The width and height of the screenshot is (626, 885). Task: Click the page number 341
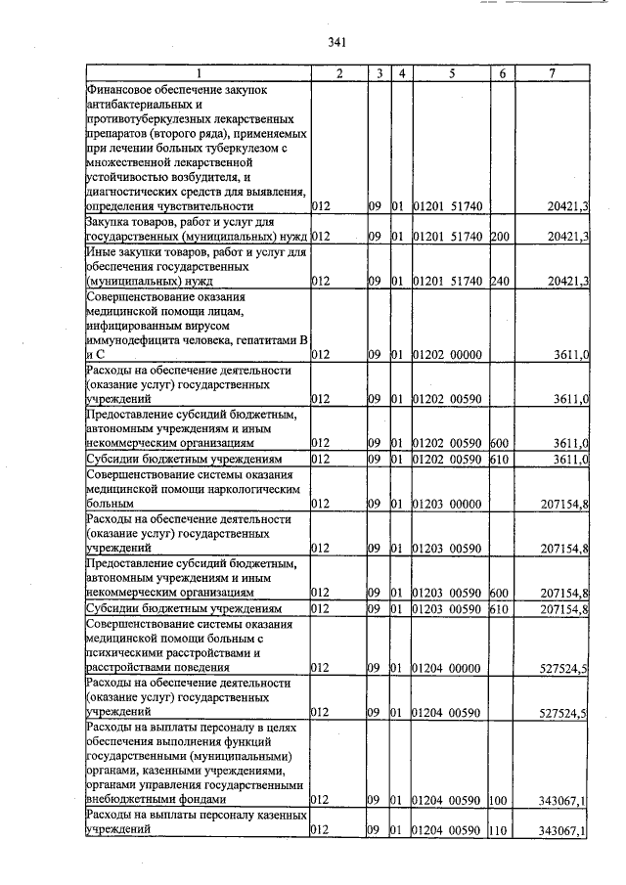(x=338, y=41)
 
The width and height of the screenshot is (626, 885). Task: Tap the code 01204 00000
(x=448, y=668)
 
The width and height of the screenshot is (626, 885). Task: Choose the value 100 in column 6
(x=497, y=800)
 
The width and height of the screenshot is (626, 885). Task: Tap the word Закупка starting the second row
(x=111, y=223)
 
